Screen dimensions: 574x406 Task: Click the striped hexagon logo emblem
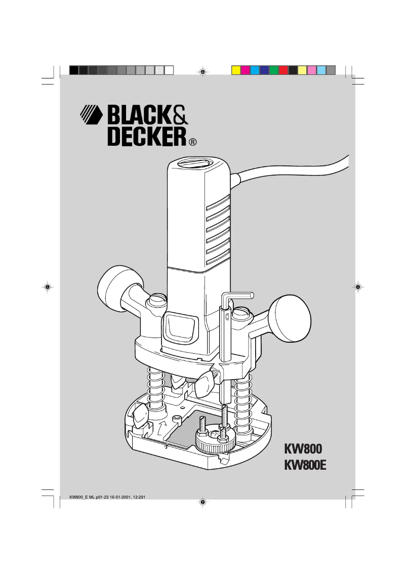click(x=92, y=115)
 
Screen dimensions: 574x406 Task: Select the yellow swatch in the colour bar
click(x=235, y=70)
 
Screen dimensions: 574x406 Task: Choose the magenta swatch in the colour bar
click(x=245, y=70)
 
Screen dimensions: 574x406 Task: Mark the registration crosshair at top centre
click(x=202, y=72)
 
